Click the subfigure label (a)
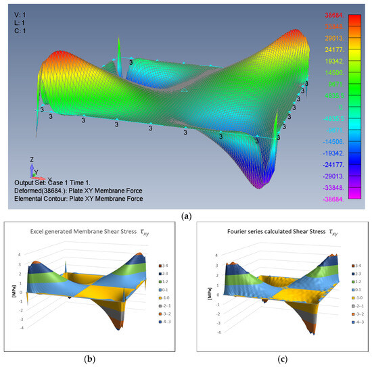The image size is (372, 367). [x=186, y=216]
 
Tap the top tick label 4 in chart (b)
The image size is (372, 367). [x=20, y=254]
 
